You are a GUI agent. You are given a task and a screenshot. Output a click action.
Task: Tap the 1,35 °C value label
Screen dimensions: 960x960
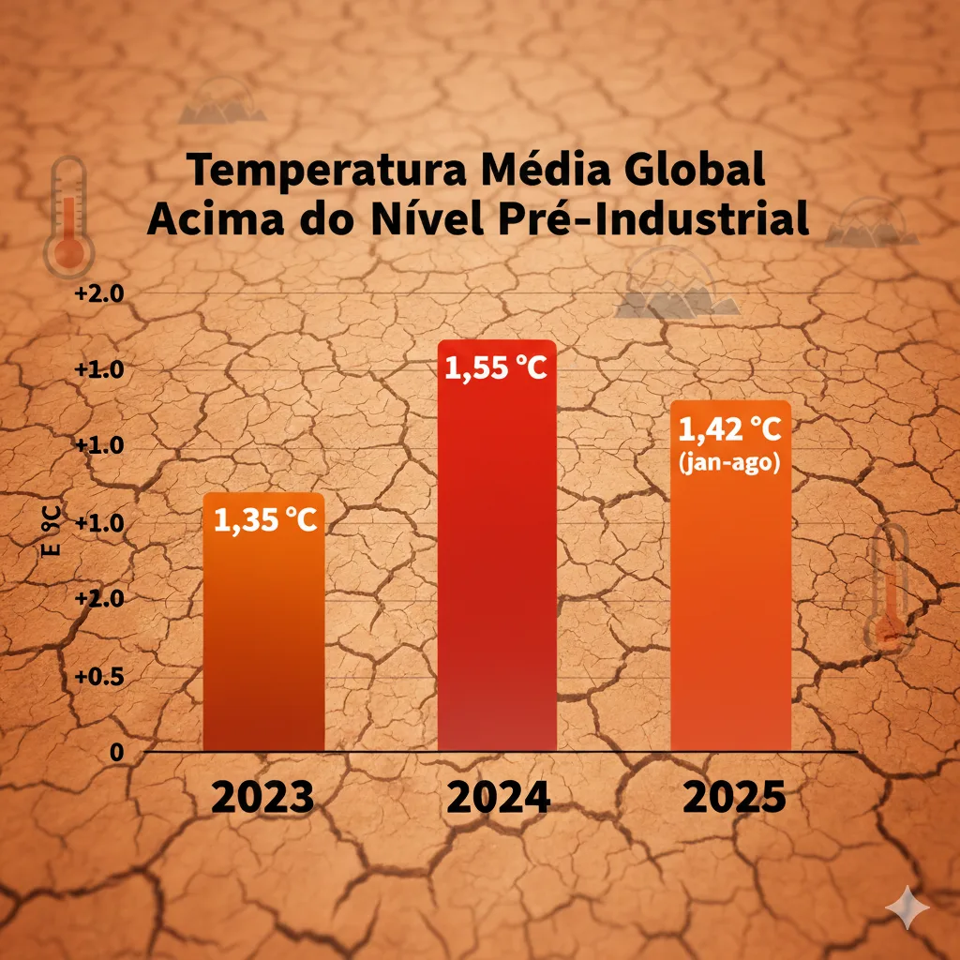[x=265, y=520]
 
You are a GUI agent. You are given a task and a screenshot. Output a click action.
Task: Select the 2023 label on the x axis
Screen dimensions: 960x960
[x=262, y=798]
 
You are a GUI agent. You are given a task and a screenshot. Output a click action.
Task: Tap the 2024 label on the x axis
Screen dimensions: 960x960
[x=497, y=798]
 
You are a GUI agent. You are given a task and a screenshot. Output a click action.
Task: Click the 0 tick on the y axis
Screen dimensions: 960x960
[x=116, y=752]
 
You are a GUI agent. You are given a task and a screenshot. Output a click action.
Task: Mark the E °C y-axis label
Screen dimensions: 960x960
[x=52, y=530]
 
